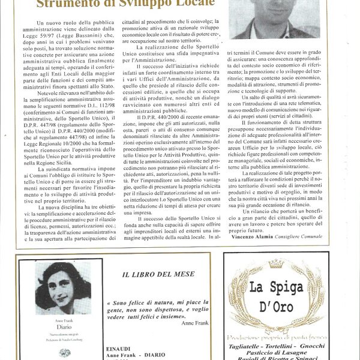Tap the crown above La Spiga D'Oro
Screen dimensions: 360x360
pyautogui.click(x=275, y=264)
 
